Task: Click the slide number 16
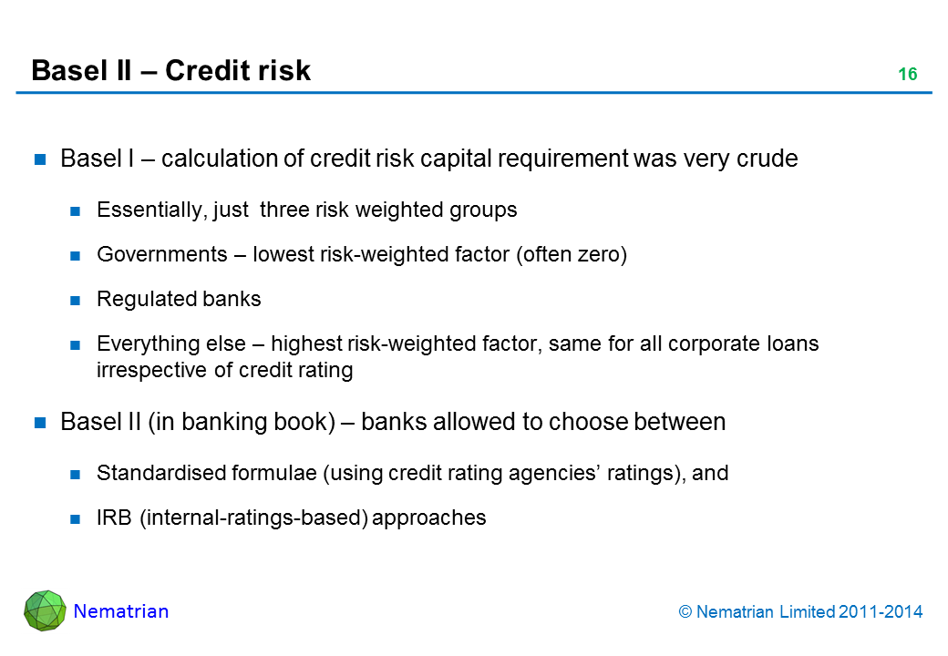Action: (907, 75)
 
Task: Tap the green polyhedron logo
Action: (45, 610)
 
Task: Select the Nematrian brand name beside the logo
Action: (121, 611)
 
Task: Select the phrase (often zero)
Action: (572, 255)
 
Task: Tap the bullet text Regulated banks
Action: (179, 299)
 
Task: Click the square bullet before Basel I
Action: (41, 159)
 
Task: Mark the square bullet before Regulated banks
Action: (77, 300)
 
